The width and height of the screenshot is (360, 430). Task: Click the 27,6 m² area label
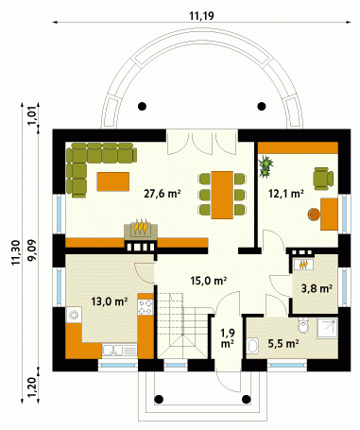click(162, 194)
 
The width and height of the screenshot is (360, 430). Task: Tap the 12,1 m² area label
click(285, 194)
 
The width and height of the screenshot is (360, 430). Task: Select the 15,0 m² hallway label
click(209, 280)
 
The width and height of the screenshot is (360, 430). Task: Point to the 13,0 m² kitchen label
click(110, 301)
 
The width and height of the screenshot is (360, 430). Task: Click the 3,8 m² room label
click(317, 288)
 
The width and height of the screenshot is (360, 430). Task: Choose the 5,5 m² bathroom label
click(283, 343)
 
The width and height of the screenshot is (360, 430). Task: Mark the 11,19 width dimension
click(201, 15)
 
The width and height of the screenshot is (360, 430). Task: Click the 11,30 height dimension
click(16, 252)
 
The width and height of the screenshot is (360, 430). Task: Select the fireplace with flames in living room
click(141, 228)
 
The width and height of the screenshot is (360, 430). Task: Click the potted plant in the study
click(266, 166)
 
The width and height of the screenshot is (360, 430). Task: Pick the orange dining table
click(222, 195)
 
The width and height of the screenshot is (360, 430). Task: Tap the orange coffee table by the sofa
click(113, 181)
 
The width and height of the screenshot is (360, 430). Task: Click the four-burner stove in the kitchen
click(146, 307)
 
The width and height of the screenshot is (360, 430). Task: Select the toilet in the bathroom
click(303, 325)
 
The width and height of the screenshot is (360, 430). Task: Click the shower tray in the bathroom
click(327, 328)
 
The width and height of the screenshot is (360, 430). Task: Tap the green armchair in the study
click(323, 179)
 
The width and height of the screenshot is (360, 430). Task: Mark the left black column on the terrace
click(143, 106)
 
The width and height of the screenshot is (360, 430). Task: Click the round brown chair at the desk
click(314, 215)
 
